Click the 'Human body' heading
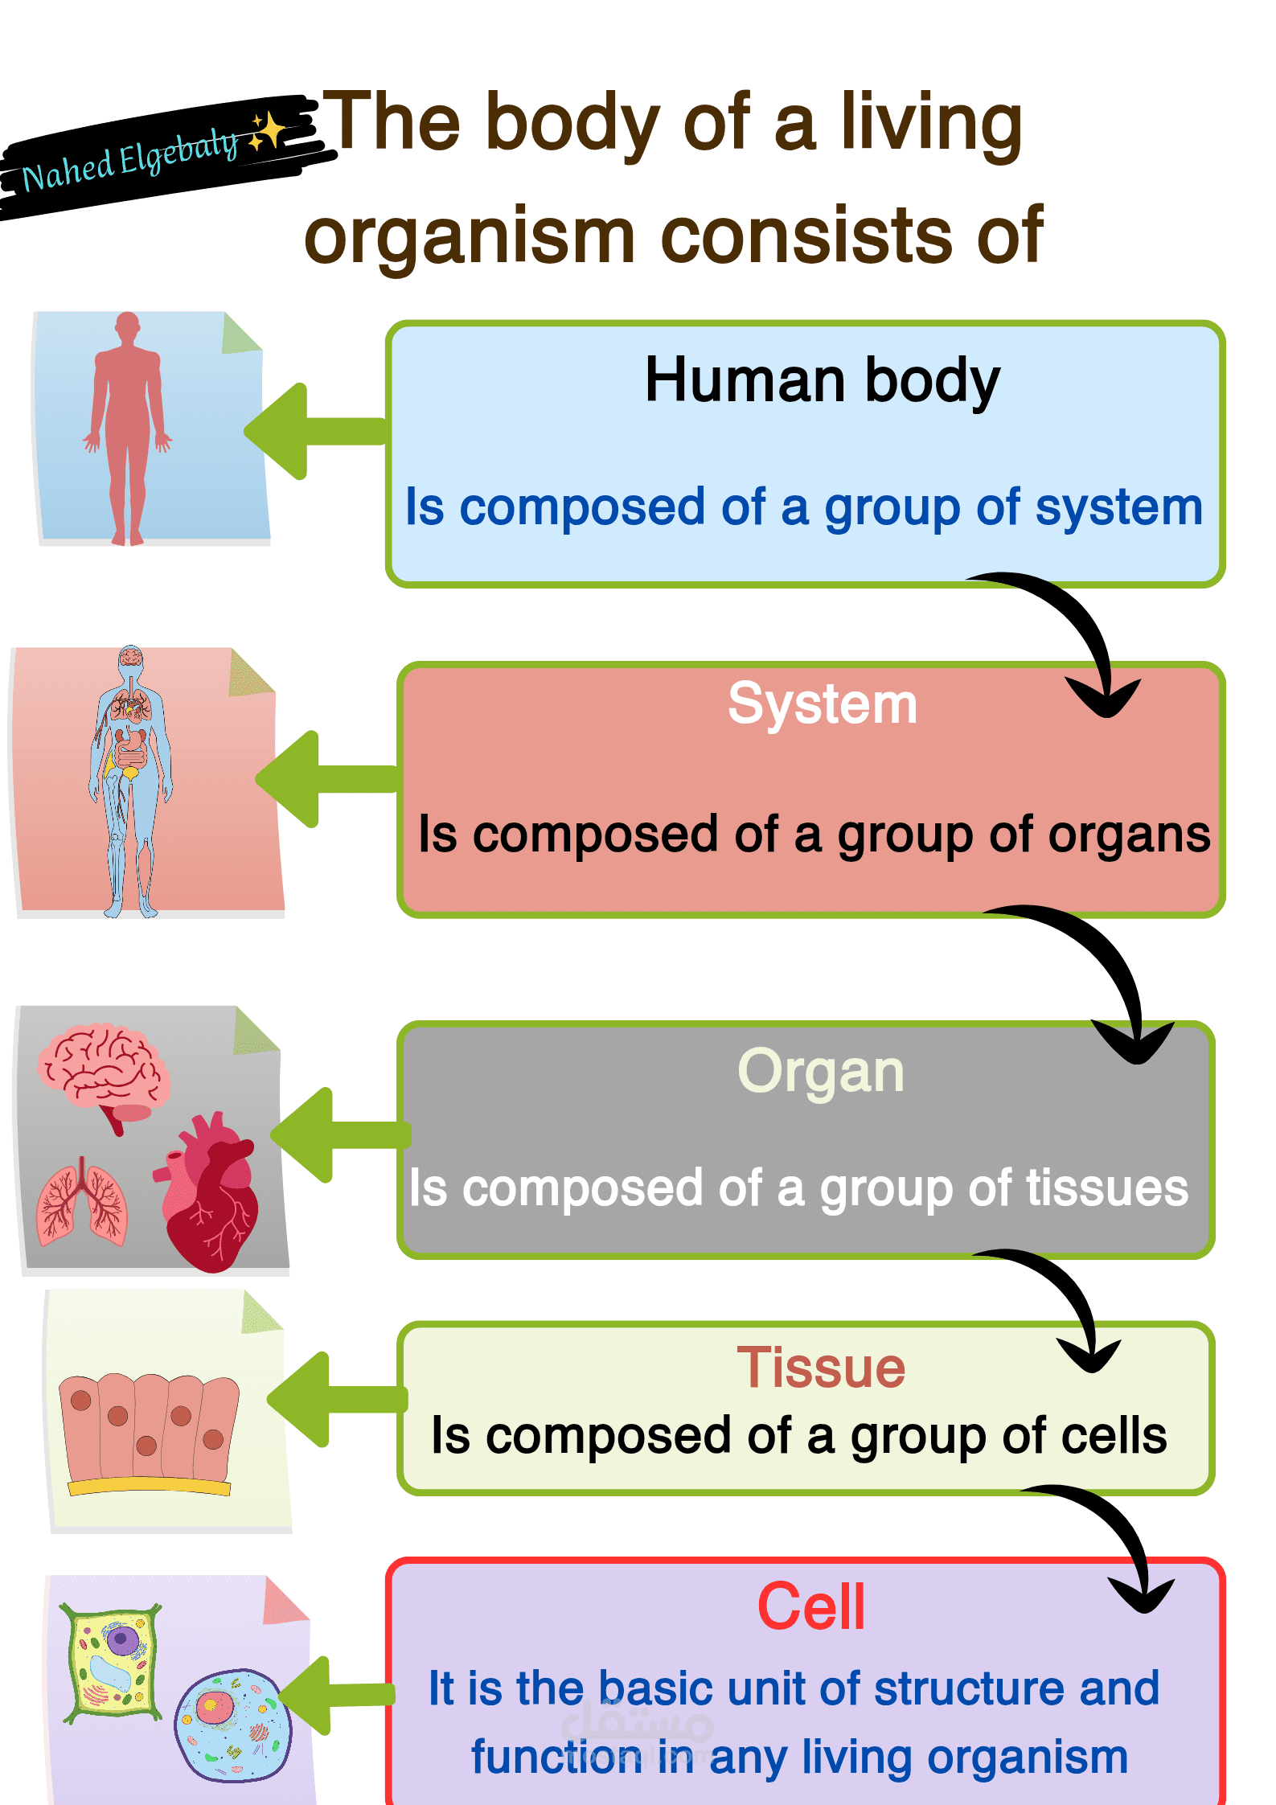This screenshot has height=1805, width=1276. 822,380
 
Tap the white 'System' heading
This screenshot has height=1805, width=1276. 822,704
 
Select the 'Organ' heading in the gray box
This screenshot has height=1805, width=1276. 821,1072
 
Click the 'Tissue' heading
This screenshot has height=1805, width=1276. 821,1368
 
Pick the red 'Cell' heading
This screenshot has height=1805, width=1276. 811,1606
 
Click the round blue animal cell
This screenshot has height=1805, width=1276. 233,1725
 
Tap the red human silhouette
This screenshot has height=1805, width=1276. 127,426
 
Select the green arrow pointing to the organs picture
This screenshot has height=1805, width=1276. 338,1134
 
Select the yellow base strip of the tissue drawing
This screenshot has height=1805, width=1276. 149,1486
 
